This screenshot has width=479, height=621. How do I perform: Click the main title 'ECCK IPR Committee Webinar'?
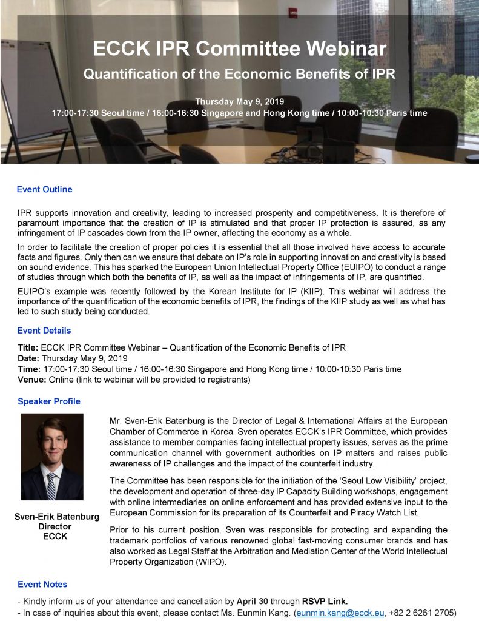239,49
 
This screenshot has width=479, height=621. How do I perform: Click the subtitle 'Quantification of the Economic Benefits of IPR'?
239,75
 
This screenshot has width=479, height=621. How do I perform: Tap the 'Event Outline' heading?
44,190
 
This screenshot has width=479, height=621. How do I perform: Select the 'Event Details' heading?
44,331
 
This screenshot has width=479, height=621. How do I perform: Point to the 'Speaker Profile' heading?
48,401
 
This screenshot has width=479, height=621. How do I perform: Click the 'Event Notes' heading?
42,585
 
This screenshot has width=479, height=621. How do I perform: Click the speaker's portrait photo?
51,457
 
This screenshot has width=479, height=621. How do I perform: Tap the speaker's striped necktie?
51,485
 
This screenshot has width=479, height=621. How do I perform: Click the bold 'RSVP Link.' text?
326,602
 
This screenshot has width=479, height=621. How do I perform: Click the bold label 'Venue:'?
31,380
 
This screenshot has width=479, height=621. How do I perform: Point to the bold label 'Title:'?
28,347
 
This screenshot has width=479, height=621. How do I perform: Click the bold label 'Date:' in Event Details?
28,358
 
